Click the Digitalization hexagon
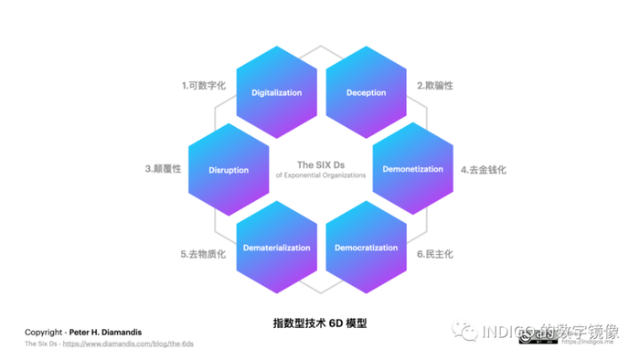coord(276,92)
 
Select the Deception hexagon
coord(366,92)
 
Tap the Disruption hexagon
coord(228,170)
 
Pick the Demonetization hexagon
coord(413,170)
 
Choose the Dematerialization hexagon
coord(276,248)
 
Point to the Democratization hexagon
coord(366,248)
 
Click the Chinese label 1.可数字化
coord(203,86)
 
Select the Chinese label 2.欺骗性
coord(435,86)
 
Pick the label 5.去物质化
coord(203,253)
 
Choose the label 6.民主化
coord(435,253)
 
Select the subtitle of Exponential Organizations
coord(320,175)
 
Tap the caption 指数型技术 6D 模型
coord(320,323)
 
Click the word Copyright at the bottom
coord(43,331)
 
